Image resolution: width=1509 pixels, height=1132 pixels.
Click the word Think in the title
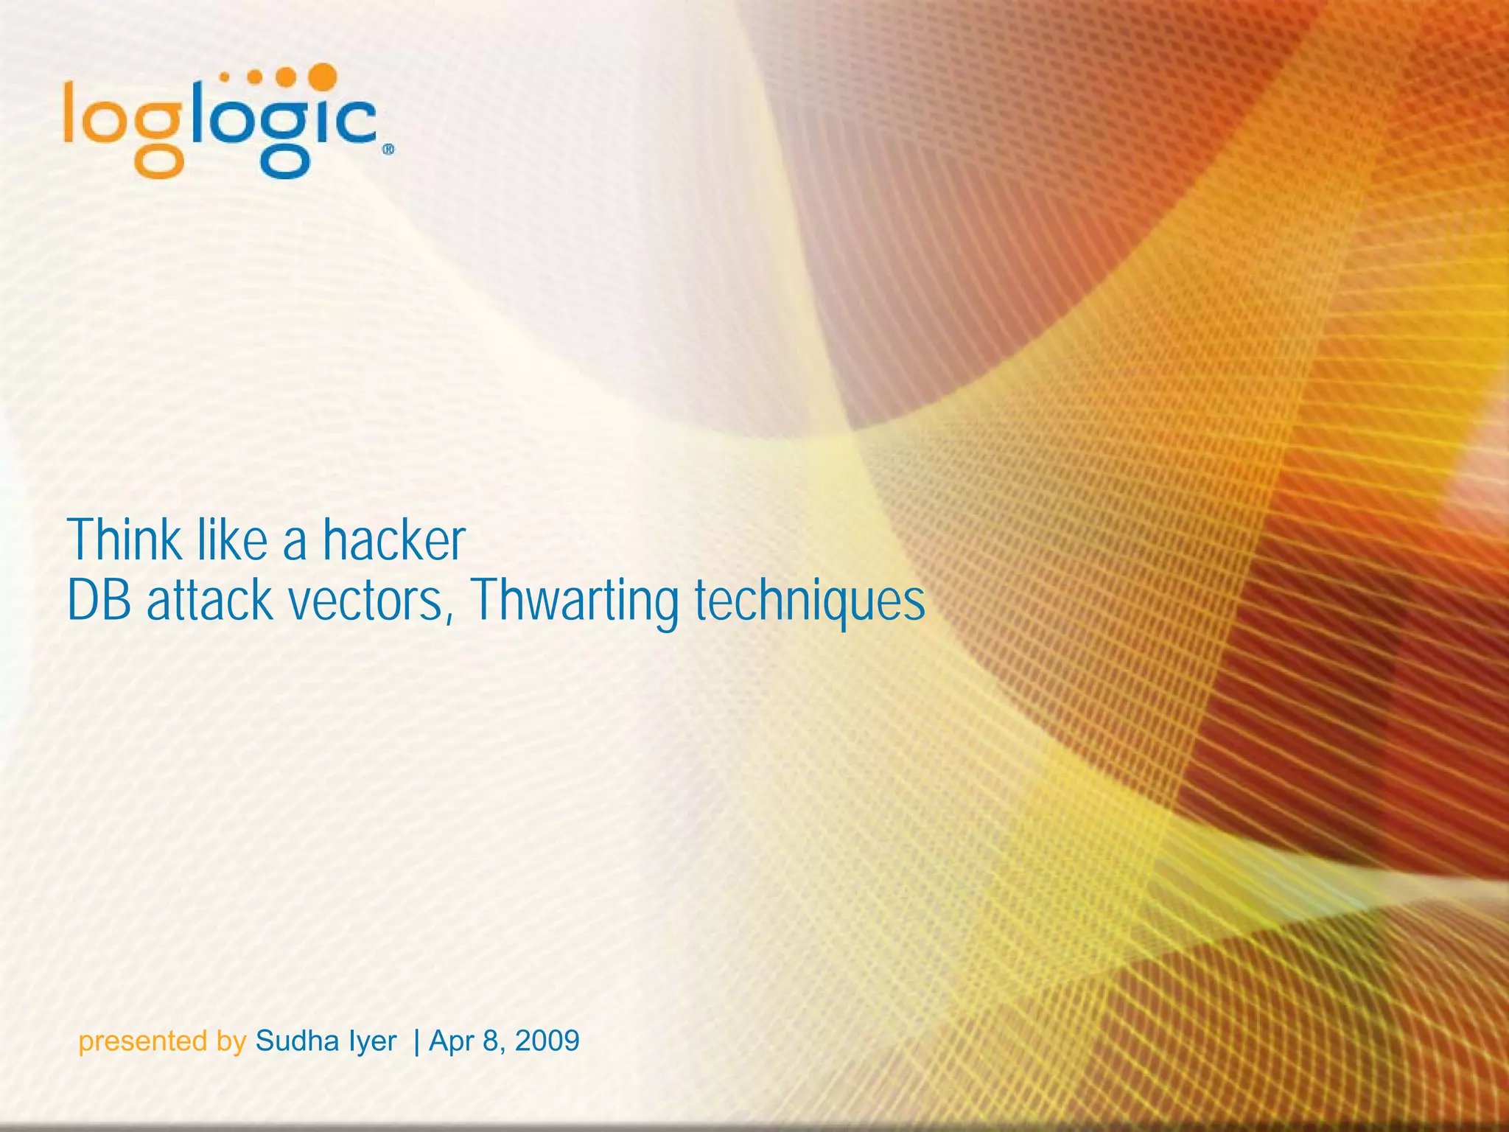[125, 540]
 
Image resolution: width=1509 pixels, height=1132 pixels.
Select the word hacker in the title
[394, 540]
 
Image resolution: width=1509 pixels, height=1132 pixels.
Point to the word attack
[209, 601]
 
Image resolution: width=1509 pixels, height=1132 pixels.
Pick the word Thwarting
[574, 601]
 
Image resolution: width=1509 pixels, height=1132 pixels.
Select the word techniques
[810, 601]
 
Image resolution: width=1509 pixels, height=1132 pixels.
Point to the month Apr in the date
[451, 1041]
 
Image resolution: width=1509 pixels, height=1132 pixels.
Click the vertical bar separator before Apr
[417, 1041]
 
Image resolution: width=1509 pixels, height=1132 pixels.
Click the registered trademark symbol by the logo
[388, 150]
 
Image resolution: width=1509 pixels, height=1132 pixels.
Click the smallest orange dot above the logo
[225, 76]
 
